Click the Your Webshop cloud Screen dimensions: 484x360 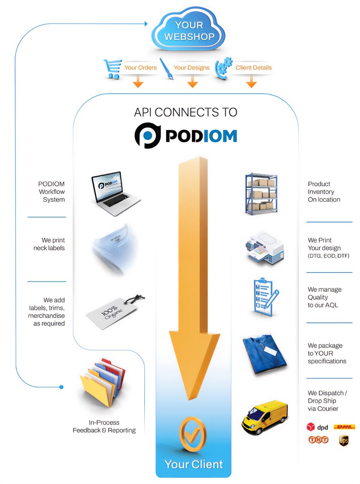click(x=189, y=31)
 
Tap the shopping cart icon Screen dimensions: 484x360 click(x=113, y=69)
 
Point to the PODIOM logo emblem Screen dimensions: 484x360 click(x=148, y=136)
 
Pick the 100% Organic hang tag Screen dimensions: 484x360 click(x=115, y=311)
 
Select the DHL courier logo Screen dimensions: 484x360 click(x=344, y=427)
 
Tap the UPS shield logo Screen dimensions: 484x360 click(x=343, y=441)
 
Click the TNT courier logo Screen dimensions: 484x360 click(x=318, y=440)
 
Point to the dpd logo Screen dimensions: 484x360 click(x=318, y=427)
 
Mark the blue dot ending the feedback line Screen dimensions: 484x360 click(x=61, y=387)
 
